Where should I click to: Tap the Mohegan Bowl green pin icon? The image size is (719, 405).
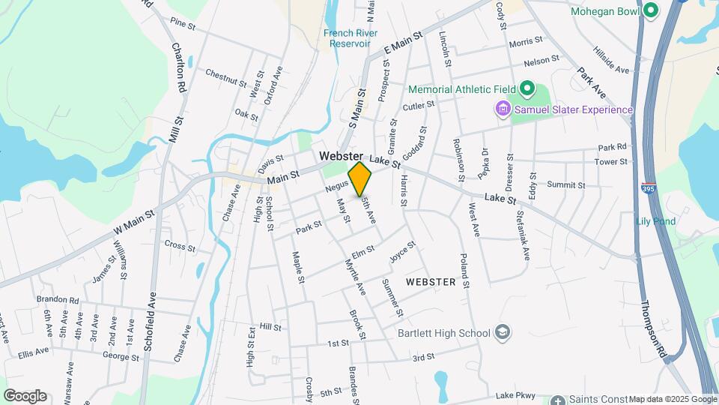(x=651, y=11)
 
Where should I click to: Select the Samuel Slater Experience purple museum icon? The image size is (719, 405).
(x=503, y=110)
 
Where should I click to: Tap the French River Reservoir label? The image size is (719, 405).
(x=350, y=38)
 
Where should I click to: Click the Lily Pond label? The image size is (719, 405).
(x=655, y=221)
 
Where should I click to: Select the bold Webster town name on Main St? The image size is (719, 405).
(x=341, y=156)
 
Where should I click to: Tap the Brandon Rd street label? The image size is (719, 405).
(x=57, y=300)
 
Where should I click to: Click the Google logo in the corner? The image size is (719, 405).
(x=25, y=396)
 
